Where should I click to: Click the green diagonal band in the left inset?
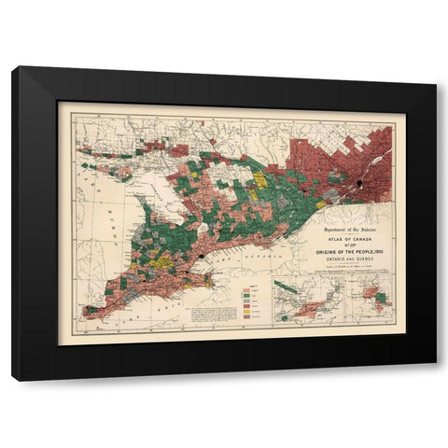(299, 303)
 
